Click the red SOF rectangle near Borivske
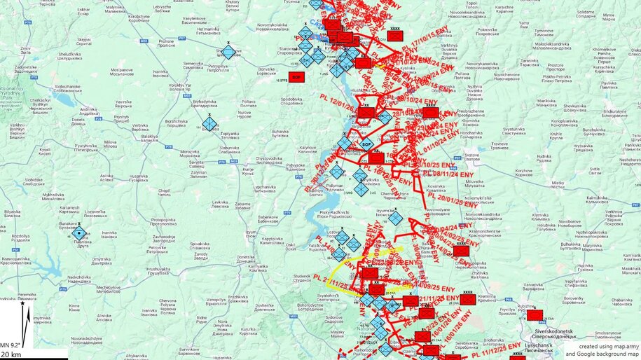[296, 76]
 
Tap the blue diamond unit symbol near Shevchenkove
[228, 52]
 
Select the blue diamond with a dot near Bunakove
[80, 234]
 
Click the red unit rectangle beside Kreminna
[468, 299]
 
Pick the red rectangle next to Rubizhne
[535, 314]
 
